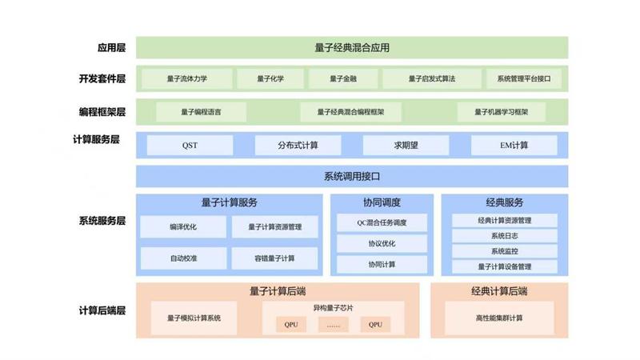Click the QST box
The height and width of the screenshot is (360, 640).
click(x=190, y=146)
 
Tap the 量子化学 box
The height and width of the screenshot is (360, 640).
click(x=270, y=79)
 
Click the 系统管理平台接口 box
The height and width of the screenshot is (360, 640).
click(x=523, y=79)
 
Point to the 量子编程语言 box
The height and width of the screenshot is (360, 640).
click(x=201, y=112)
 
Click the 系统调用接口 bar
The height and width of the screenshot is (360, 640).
click(x=352, y=176)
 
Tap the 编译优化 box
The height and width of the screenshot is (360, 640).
click(x=182, y=227)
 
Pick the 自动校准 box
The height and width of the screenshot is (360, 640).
click(x=182, y=258)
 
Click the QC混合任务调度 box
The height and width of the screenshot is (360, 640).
click(x=382, y=222)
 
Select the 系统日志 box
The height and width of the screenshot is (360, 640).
click(x=504, y=236)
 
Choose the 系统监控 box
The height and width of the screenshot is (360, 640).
click(x=504, y=251)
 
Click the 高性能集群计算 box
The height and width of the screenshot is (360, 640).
click(x=499, y=318)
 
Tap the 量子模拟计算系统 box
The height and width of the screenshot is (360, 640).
click(x=194, y=318)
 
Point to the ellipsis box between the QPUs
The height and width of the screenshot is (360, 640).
click(x=334, y=325)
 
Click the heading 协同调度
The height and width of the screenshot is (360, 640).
click(x=382, y=202)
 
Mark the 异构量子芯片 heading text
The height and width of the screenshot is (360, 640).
click(x=333, y=308)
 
